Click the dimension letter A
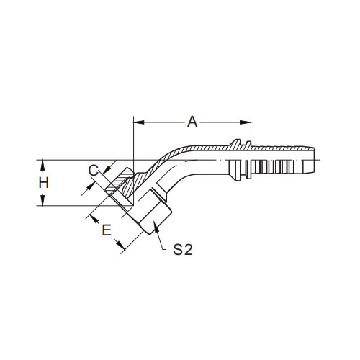(192, 122)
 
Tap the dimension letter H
(44, 183)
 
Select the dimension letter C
(93, 171)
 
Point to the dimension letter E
(107, 230)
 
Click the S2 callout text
(183, 250)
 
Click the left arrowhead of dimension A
(139, 122)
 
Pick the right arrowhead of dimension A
(246, 122)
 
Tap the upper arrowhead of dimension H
(42, 166)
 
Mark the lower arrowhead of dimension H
(42, 200)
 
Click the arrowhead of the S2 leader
(156, 227)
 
